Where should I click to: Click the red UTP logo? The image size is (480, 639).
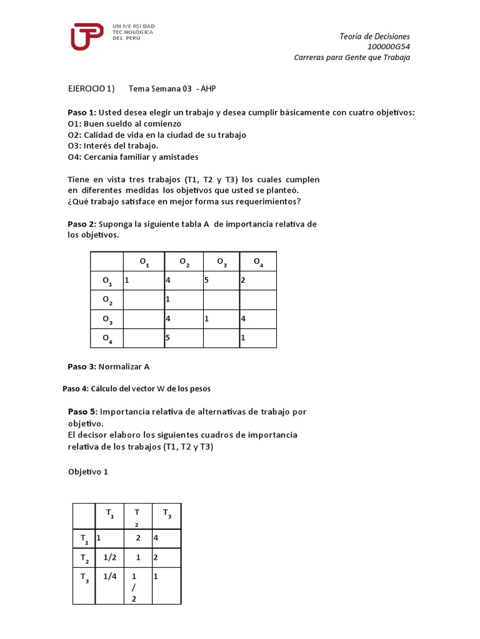pyautogui.click(x=86, y=36)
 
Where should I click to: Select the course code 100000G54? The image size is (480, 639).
pyautogui.click(x=389, y=47)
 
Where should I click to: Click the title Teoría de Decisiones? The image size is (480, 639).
pyautogui.click(x=374, y=36)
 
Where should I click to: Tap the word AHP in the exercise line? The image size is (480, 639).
pyautogui.click(x=208, y=89)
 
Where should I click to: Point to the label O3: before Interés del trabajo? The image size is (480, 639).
pyautogui.click(x=75, y=146)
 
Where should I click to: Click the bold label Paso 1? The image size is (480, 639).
pyautogui.click(x=82, y=112)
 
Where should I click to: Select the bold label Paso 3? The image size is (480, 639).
pyautogui.click(x=82, y=366)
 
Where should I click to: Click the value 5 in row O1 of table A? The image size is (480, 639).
pyautogui.click(x=206, y=281)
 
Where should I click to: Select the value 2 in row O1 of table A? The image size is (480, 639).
pyautogui.click(x=243, y=281)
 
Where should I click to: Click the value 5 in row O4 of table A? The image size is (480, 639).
pyautogui.click(x=168, y=338)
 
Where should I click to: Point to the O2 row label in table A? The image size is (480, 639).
pyautogui.click(x=107, y=301)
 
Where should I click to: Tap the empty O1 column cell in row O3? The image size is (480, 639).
pyautogui.click(x=143, y=319)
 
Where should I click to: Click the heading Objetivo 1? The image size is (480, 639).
pyautogui.click(x=88, y=472)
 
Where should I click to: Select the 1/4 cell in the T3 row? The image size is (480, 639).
pyautogui.click(x=110, y=577)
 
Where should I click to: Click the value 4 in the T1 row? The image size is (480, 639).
pyautogui.click(x=156, y=537)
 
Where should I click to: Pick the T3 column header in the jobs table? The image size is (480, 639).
pyautogui.click(x=166, y=514)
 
